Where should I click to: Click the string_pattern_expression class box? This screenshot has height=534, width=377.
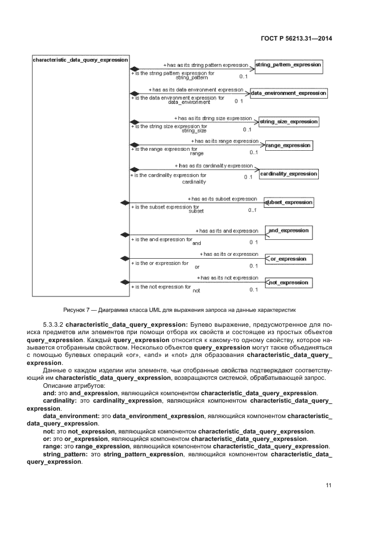(289, 65)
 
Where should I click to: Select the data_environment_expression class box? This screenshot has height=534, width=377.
(289, 93)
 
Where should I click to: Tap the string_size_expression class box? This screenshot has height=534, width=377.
(288, 122)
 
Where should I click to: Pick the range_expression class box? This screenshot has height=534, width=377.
(289, 146)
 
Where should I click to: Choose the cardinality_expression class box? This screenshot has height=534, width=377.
(289, 173)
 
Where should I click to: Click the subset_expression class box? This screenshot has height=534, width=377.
(289, 202)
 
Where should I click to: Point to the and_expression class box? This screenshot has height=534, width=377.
(289, 231)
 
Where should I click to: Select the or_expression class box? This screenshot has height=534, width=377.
(289, 259)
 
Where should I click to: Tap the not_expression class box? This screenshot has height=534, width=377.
(289, 283)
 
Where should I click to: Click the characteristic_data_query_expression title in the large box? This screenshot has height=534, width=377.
(80, 60)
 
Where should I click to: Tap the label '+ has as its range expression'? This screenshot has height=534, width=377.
(224, 140)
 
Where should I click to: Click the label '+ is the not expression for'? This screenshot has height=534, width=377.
(161, 286)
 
